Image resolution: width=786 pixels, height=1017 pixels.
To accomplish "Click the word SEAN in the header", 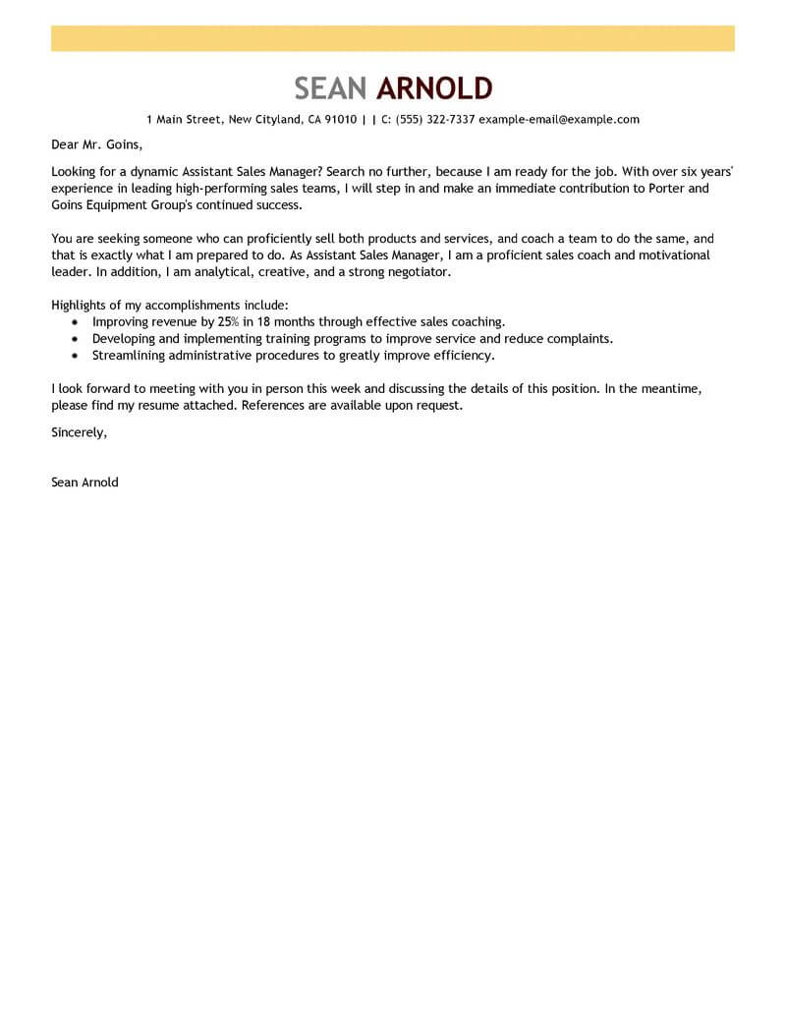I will (331, 88).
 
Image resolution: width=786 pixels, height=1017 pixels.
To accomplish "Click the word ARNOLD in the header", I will (434, 88).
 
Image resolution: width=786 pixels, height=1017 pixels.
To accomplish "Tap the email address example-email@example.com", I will (559, 120).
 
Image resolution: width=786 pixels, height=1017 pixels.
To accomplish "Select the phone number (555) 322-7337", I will (435, 120).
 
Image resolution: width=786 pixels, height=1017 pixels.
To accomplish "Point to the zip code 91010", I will (340, 120).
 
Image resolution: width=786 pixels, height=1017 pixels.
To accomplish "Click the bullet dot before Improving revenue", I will (76, 322).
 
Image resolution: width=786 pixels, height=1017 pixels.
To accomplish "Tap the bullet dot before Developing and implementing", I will (76, 339).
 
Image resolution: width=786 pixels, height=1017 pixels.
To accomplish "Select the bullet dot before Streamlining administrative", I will (76, 356).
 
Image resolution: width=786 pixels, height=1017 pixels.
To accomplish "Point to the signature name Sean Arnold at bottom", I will (84, 482).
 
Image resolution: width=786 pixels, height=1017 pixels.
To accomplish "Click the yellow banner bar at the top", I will (393, 38).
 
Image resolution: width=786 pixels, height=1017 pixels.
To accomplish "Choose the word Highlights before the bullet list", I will (83, 306).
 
